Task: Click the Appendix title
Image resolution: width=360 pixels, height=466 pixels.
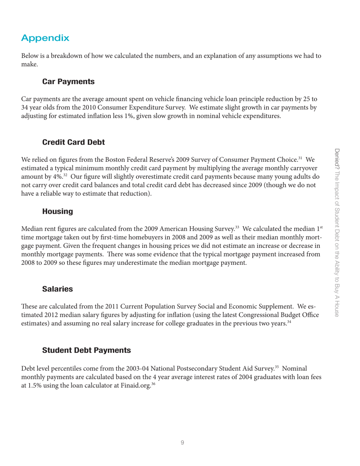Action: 45,38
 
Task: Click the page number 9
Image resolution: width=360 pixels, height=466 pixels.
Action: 182,442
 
